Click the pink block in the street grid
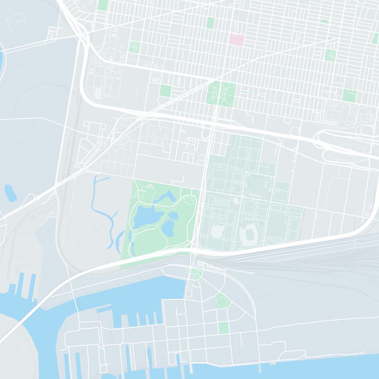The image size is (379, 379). tap(236, 40)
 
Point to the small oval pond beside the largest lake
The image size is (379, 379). tap(173, 216)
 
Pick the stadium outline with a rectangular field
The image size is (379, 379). tap(248, 234)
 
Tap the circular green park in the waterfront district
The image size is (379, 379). tap(221, 300)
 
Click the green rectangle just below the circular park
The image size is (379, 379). tap(223, 327)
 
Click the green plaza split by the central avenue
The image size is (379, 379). tap(221, 93)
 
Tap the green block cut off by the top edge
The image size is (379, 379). tap(102, 5)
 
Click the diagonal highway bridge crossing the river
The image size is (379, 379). tap(28, 308)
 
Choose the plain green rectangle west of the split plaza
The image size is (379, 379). tap(165, 90)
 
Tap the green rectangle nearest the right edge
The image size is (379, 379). tap(350, 95)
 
